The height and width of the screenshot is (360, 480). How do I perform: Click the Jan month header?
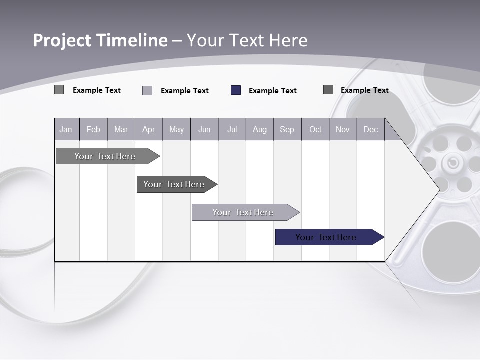click(66, 130)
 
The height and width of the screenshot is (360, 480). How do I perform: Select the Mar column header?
click(121, 130)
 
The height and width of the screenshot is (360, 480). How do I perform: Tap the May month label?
click(176, 130)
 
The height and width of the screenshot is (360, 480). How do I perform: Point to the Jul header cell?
click(232, 130)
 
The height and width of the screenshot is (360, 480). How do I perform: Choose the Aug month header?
click(260, 130)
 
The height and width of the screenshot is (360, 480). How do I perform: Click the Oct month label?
click(315, 130)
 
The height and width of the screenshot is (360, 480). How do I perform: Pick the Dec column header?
click(370, 130)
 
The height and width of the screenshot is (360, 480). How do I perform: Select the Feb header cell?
click(93, 130)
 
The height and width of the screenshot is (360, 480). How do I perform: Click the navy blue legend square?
click(236, 90)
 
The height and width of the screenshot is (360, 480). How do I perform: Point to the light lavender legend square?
click(147, 91)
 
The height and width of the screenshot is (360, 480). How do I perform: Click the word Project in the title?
click(62, 40)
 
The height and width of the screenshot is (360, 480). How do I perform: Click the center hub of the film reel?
click(453, 162)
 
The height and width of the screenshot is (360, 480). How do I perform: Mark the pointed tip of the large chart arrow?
click(439, 189)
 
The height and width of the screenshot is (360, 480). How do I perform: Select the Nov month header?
click(343, 130)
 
